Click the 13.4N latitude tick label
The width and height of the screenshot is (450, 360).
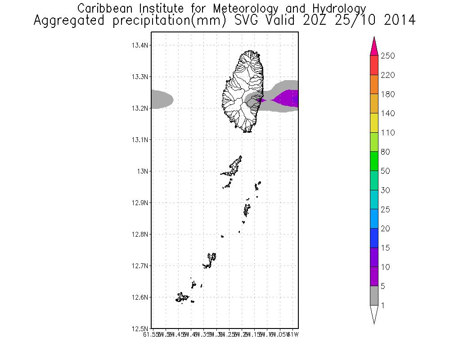coord(140,45)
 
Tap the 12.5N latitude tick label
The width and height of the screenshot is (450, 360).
coord(140,328)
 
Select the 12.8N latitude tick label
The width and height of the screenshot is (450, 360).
coord(140,234)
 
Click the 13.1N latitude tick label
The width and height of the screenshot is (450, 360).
coord(140,140)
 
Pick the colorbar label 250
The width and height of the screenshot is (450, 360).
coord(387,56)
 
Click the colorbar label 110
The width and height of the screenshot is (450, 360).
coord(387,133)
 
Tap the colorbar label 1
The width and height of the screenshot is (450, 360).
coord(382,306)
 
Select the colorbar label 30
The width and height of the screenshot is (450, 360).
coord(385,190)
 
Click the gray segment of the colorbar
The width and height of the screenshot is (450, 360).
coord(374,296)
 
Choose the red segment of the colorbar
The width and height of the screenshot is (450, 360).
coord(374,65)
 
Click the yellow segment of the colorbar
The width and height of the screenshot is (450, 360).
coord(374,123)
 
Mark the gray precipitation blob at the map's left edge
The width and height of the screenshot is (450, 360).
coord(161,99)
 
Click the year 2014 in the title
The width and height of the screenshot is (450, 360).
coord(400,21)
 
